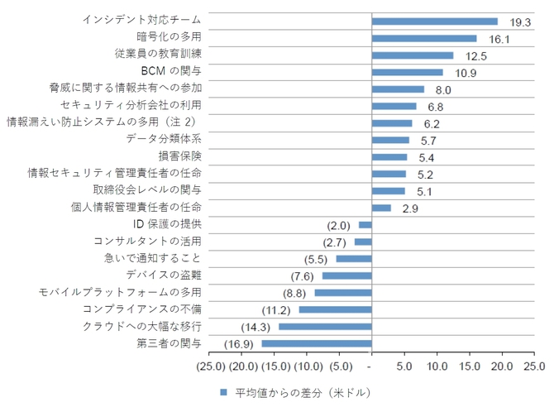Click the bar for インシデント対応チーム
(435, 22)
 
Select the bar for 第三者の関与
(317, 343)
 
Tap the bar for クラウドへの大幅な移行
(325, 327)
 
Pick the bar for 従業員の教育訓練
(413, 55)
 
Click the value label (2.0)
(339, 225)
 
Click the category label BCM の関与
(171, 70)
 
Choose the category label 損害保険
(179, 156)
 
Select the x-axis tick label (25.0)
(211, 366)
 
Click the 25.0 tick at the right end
(535, 366)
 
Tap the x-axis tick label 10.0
(437, 366)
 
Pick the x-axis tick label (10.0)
(308, 366)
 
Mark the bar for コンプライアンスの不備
(335, 309)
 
